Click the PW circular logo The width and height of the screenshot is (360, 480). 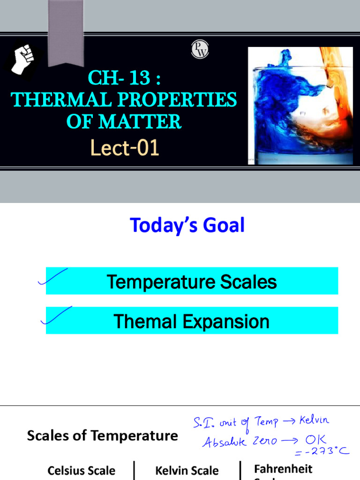[200, 49]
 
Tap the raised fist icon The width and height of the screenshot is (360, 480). [23, 59]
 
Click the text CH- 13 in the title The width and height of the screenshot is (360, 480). [119, 78]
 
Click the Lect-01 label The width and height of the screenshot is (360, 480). [125, 148]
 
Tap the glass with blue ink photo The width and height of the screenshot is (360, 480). [300, 105]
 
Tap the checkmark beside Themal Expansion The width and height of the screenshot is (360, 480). [56, 315]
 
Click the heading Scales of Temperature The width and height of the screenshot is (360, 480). [102, 436]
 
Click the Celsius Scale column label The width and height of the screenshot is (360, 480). [81, 471]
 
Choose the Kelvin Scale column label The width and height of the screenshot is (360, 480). [187, 471]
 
